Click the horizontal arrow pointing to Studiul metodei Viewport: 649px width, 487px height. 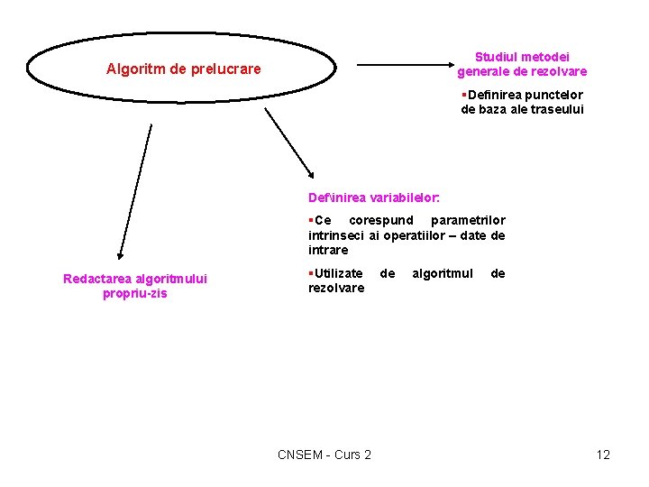coord(406,64)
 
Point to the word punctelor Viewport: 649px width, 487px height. coord(553,95)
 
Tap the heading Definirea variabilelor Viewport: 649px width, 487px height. coord(373,197)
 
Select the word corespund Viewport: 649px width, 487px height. coord(380,220)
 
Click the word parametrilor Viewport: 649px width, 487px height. coord(468,220)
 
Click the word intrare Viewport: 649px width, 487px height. coord(328,250)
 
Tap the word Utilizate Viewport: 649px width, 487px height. coord(338,272)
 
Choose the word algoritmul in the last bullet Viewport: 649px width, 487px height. coord(443,272)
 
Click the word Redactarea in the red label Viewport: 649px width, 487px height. coord(96,279)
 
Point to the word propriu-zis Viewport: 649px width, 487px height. coord(135,293)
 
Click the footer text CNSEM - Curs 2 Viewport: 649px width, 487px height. coord(324,455)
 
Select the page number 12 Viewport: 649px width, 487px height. coord(603,455)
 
